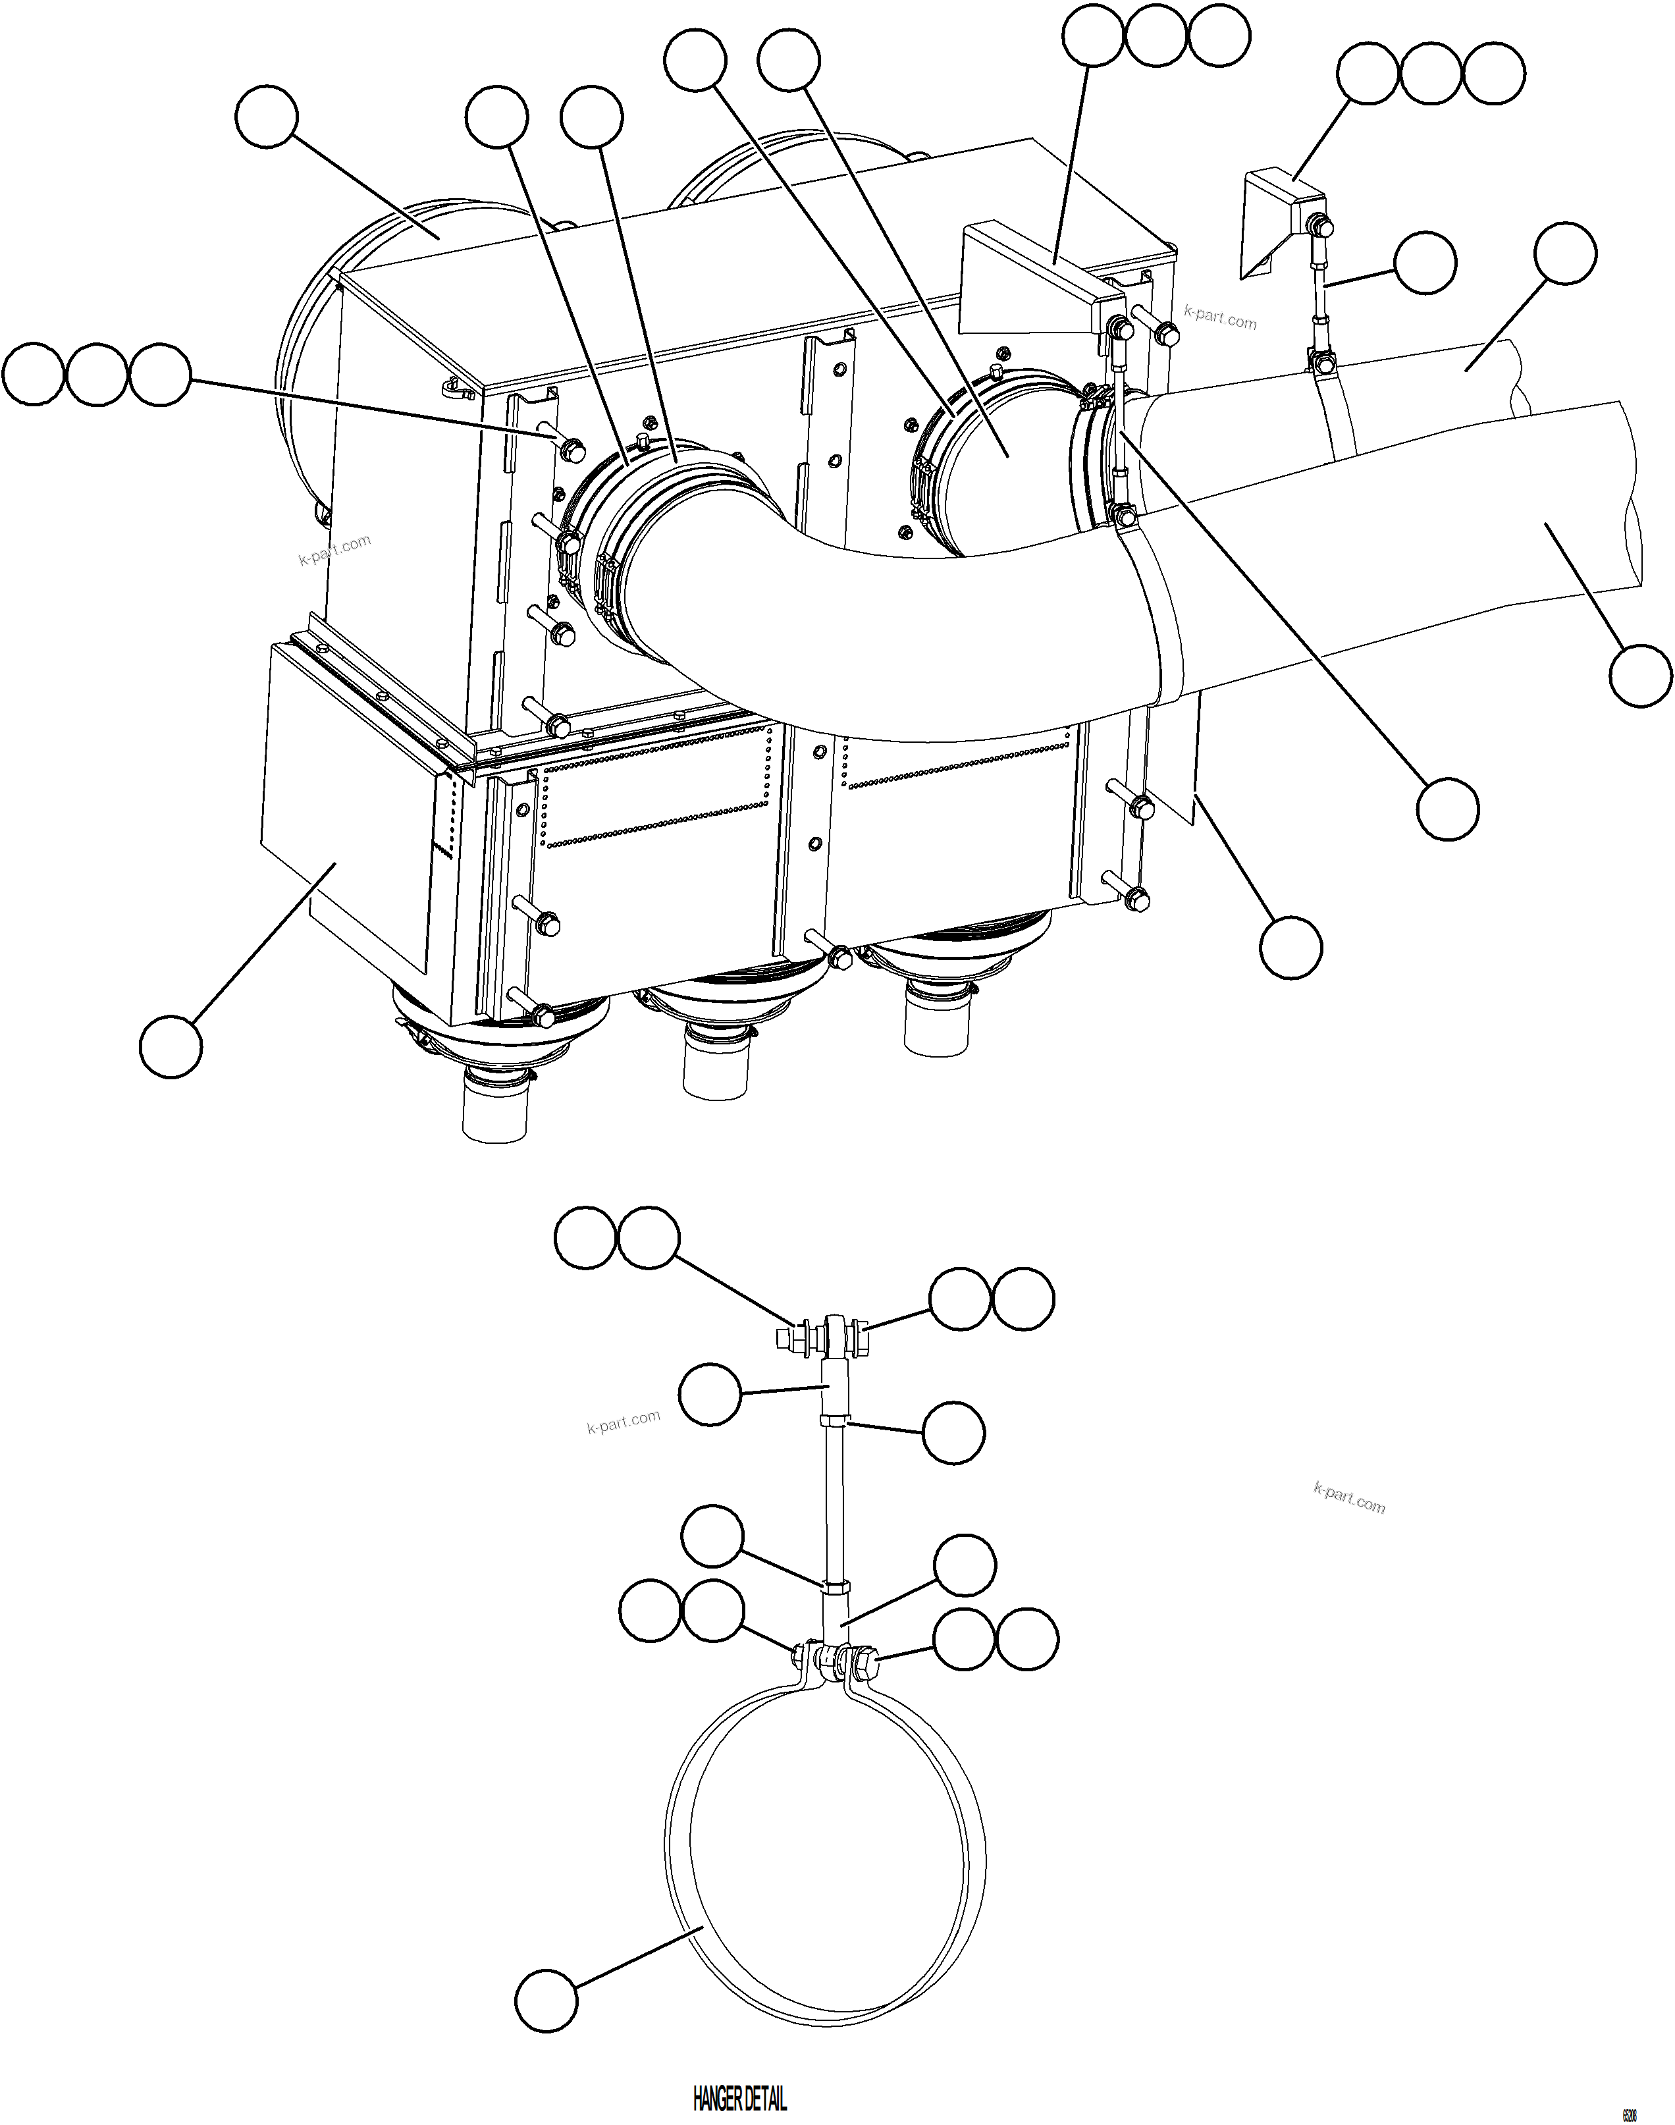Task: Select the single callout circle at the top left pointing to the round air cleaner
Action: click(267, 118)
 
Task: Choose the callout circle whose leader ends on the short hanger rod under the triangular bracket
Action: click(1425, 263)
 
